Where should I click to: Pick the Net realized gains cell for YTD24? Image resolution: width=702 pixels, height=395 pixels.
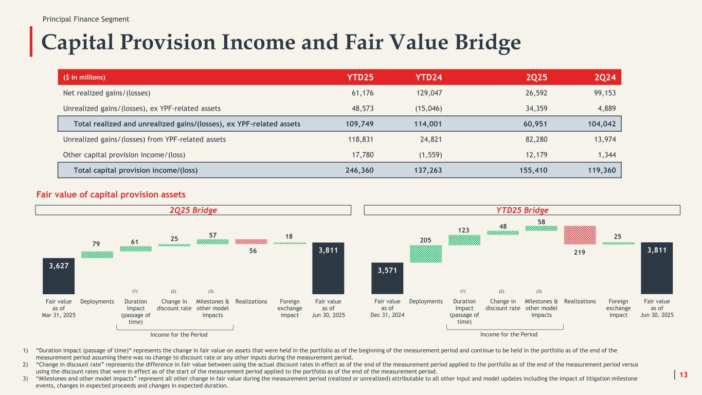coord(428,93)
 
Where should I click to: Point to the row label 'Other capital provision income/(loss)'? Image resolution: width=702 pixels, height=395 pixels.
coord(124,154)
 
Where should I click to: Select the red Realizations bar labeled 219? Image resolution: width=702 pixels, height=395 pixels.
coord(580,235)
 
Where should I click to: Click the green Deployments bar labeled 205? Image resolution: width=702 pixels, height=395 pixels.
coord(426,254)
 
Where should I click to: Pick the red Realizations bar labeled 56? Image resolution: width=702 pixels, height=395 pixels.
coord(251,241)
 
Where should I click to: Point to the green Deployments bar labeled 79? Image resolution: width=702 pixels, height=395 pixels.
coord(97,254)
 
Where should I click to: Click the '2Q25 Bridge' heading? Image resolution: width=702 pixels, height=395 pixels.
coord(193,210)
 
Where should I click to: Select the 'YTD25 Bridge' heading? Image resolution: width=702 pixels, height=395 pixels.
coord(522,210)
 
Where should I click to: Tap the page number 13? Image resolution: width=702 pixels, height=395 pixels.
coord(683,374)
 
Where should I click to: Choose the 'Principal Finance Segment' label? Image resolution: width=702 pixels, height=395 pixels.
coord(86,19)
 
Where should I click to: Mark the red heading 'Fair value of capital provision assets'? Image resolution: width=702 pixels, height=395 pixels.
coord(111,195)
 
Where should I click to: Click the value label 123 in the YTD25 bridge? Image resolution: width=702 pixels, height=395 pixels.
coord(464,230)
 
